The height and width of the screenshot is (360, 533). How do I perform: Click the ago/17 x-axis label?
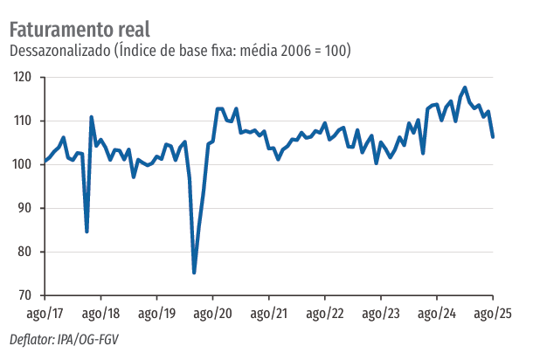coord(45,313)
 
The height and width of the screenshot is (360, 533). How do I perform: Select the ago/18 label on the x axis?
coord(100,313)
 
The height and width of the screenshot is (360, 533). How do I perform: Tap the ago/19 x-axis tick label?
coord(156,313)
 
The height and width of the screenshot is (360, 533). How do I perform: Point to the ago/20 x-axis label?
coord(212,313)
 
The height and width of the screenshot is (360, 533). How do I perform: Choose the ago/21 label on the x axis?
coord(268,313)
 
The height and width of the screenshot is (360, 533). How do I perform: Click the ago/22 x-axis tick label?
coord(325,313)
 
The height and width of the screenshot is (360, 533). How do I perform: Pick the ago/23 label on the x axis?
coord(381,313)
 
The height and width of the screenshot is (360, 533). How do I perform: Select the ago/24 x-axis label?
coord(437,313)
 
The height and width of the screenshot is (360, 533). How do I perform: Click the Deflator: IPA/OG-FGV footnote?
coord(63,340)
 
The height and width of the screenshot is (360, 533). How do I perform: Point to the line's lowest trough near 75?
coord(194,273)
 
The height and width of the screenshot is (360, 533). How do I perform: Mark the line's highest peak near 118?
coord(465,87)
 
